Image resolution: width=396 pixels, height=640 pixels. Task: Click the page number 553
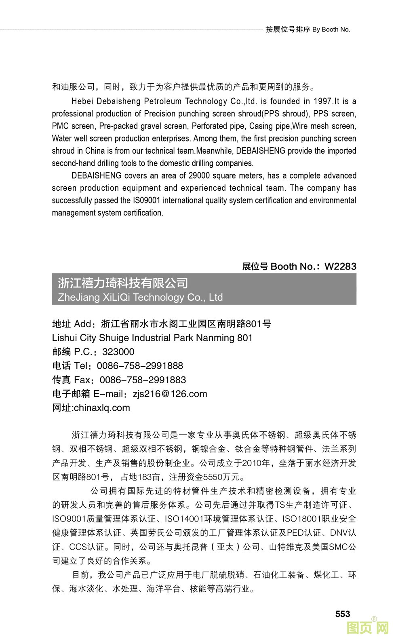[342, 614]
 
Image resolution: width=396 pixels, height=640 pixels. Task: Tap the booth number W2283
[340, 266]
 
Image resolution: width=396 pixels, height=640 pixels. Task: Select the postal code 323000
[118, 352]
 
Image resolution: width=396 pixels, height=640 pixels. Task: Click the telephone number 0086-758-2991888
[140, 366]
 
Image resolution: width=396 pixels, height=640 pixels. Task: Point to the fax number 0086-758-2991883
[143, 380]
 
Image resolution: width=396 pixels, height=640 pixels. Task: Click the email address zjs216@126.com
[170, 394]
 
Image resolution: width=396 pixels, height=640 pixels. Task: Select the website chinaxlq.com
[102, 408]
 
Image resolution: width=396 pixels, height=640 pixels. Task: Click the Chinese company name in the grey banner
[123, 283]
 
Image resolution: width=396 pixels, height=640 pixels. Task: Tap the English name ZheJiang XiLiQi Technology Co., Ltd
[140, 298]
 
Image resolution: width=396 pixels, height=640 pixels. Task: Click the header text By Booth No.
[331, 30]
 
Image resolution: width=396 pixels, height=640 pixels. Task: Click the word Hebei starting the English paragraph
[82, 101]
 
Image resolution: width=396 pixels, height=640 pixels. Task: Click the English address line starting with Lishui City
[152, 338]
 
